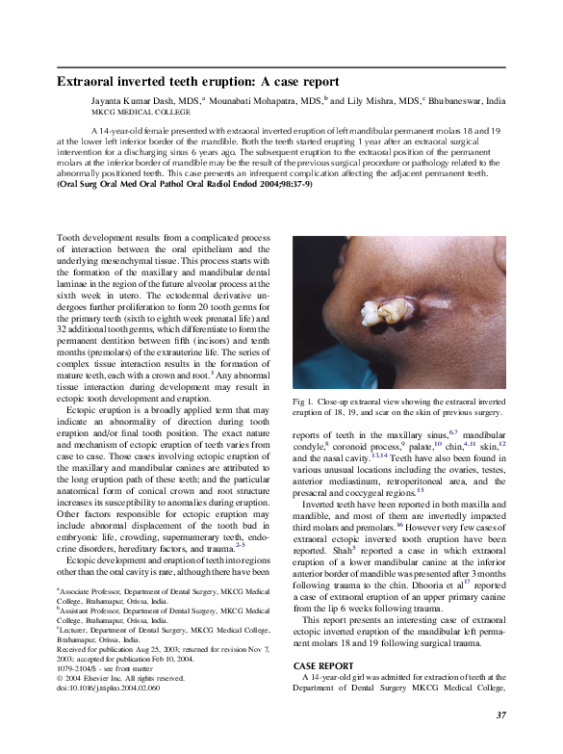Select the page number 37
(x=500, y=714)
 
